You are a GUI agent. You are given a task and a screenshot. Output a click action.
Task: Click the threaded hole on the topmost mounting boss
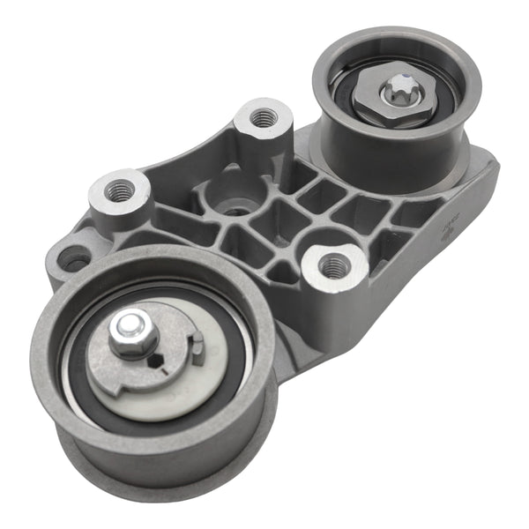[262, 116]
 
